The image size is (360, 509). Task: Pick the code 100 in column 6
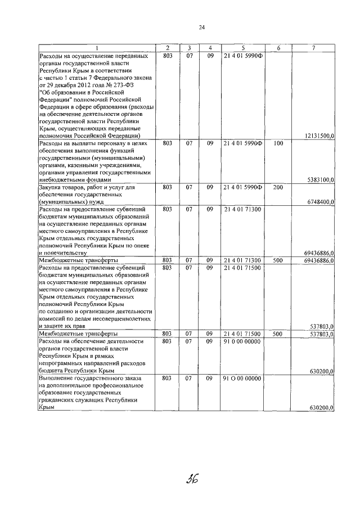(x=278, y=143)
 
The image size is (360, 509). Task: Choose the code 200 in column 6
(x=278, y=187)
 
